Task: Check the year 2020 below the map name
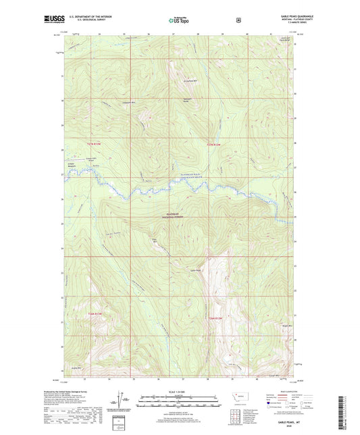click(280, 427)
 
